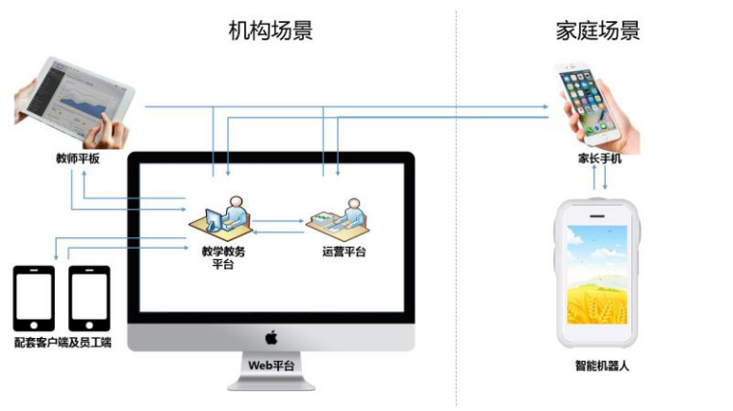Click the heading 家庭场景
click(597, 31)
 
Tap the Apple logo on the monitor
click(271, 337)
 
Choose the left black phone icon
click(34, 298)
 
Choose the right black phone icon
click(89, 298)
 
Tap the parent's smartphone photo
click(595, 101)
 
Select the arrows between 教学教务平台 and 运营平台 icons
click(278, 226)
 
